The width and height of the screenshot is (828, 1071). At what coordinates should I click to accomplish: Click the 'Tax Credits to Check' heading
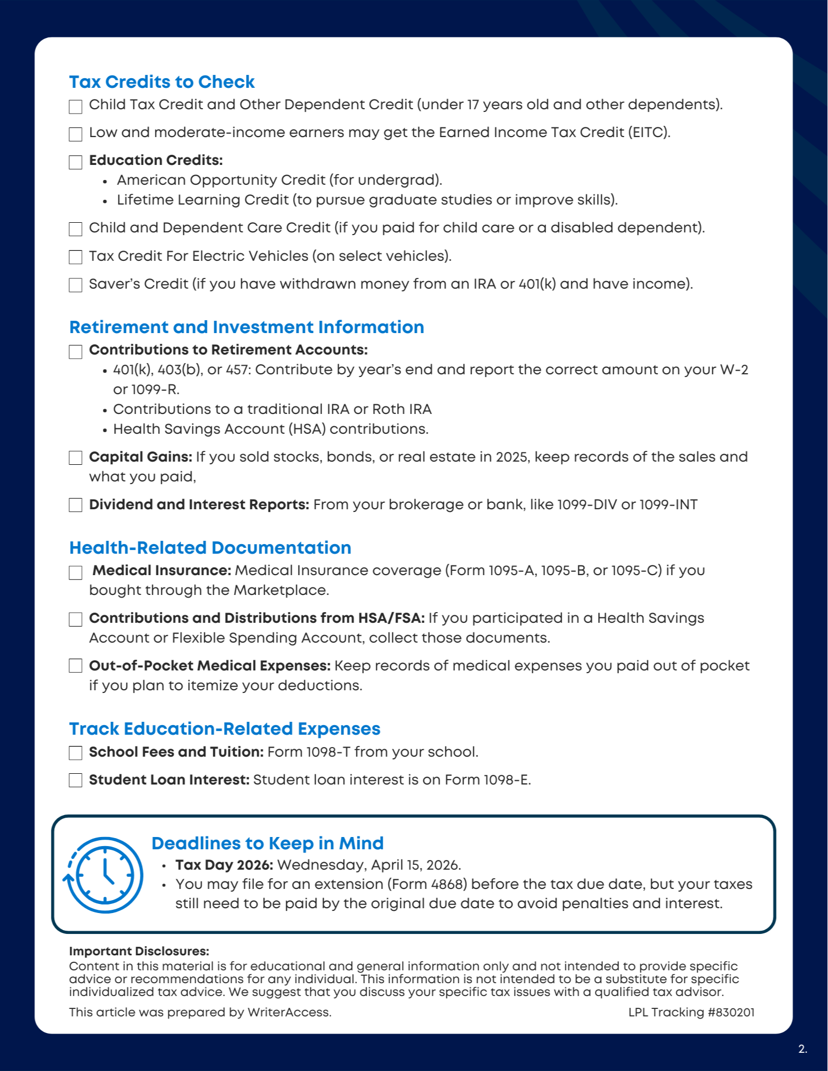click(x=161, y=82)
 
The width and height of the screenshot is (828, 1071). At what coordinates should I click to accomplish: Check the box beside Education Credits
click(x=76, y=162)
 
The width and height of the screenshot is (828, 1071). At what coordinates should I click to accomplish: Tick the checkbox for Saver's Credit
click(x=76, y=284)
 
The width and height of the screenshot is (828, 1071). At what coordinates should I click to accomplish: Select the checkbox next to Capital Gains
click(x=76, y=457)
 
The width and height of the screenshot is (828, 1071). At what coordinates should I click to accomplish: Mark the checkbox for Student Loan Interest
click(x=76, y=780)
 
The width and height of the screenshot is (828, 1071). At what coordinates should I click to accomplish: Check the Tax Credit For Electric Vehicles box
click(x=76, y=257)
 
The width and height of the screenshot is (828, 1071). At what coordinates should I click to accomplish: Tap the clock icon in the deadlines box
click(x=104, y=874)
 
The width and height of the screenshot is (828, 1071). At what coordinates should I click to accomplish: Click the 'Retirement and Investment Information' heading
click(x=247, y=327)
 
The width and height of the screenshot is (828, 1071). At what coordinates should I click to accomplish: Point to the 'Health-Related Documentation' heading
click(x=210, y=548)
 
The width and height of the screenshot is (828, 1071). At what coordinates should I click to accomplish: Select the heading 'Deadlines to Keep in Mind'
click(x=267, y=843)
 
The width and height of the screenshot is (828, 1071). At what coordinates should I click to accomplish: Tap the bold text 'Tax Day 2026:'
click(x=224, y=865)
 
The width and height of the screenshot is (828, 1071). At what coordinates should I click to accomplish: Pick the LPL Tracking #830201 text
click(x=691, y=1012)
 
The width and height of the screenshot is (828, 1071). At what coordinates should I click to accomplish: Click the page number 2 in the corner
click(x=802, y=1049)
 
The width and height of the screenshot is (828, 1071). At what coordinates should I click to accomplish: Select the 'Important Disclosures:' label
click(x=139, y=951)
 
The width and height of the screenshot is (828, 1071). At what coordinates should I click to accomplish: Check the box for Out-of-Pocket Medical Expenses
click(x=76, y=666)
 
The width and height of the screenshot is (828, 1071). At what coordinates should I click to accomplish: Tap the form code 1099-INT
click(x=668, y=504)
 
